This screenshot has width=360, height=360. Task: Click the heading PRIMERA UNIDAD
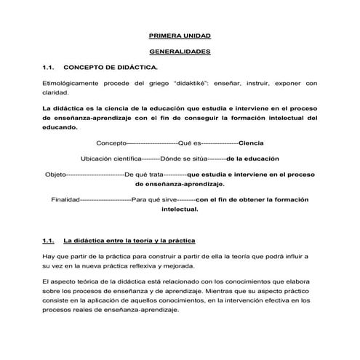180,35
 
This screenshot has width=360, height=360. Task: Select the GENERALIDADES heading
180,52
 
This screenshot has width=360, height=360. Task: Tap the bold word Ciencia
251,142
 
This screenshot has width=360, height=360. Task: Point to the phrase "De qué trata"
144,175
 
